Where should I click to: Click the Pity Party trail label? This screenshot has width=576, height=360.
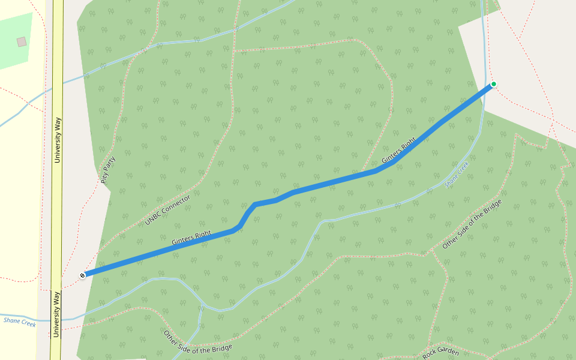pyautogui.click(x=109, y=169)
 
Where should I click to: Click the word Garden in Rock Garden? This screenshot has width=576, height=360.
pyautogui.click(x=449, y=352)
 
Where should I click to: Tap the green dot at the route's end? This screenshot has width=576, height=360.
pyautogui.click(x=493, y=84)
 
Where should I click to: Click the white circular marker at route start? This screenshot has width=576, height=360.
pyautogui.click(x=83, y=275)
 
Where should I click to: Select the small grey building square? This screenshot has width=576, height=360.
pyautogui.click(x=22, y=41)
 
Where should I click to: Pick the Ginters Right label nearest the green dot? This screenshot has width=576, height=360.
pyautogui.click(x=398, y=151)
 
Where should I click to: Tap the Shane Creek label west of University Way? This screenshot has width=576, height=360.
pyautogui.click(x=20, y=323)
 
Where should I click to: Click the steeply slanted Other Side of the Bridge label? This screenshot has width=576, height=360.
pyautogui.click(x=472, y=224)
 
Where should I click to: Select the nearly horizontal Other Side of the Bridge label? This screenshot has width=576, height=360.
pyautogui.click(x=197, y=342)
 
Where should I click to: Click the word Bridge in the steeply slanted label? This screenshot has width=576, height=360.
pyautogui.click(x=491, y=208)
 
